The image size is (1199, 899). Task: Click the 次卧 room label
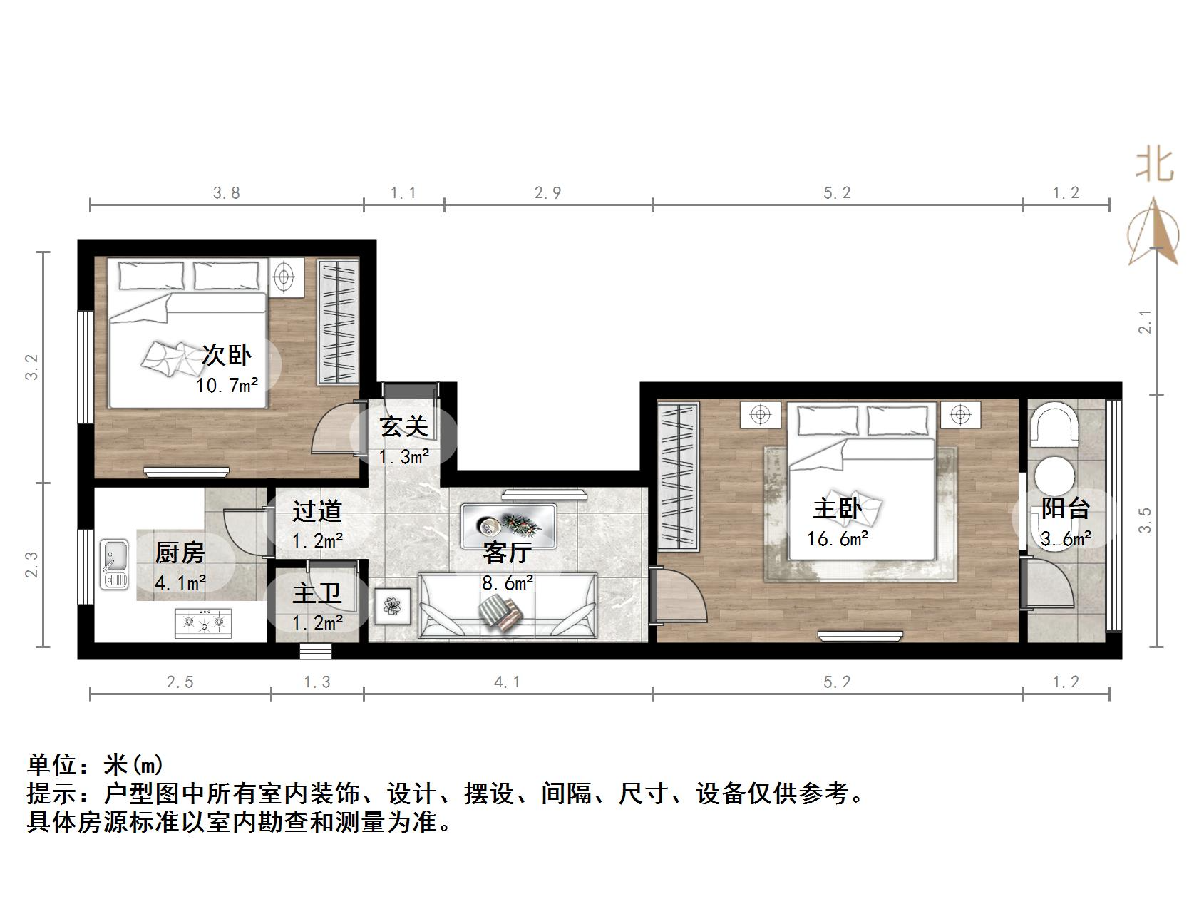(x=227, y=354)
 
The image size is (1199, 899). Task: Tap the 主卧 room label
(x=837, y=509)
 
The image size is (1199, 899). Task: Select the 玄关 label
(x=404, y=426)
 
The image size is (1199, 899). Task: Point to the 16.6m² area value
(x=837, y=539)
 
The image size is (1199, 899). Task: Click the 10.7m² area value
(x=227, y=386)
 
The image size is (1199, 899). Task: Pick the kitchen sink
(x=114, y=565)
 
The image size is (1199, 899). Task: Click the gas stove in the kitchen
(x=204, y=622)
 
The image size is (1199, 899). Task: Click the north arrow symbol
(x=1153, y=232)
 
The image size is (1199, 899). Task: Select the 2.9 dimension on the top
(x=547, y=192)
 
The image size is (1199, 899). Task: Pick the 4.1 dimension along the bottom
(x=507, y=682)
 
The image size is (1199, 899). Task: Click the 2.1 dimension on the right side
(x=1145, y=322)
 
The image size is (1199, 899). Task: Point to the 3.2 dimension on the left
(x=32, y=367)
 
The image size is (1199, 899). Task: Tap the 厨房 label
(x=180, y=553)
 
